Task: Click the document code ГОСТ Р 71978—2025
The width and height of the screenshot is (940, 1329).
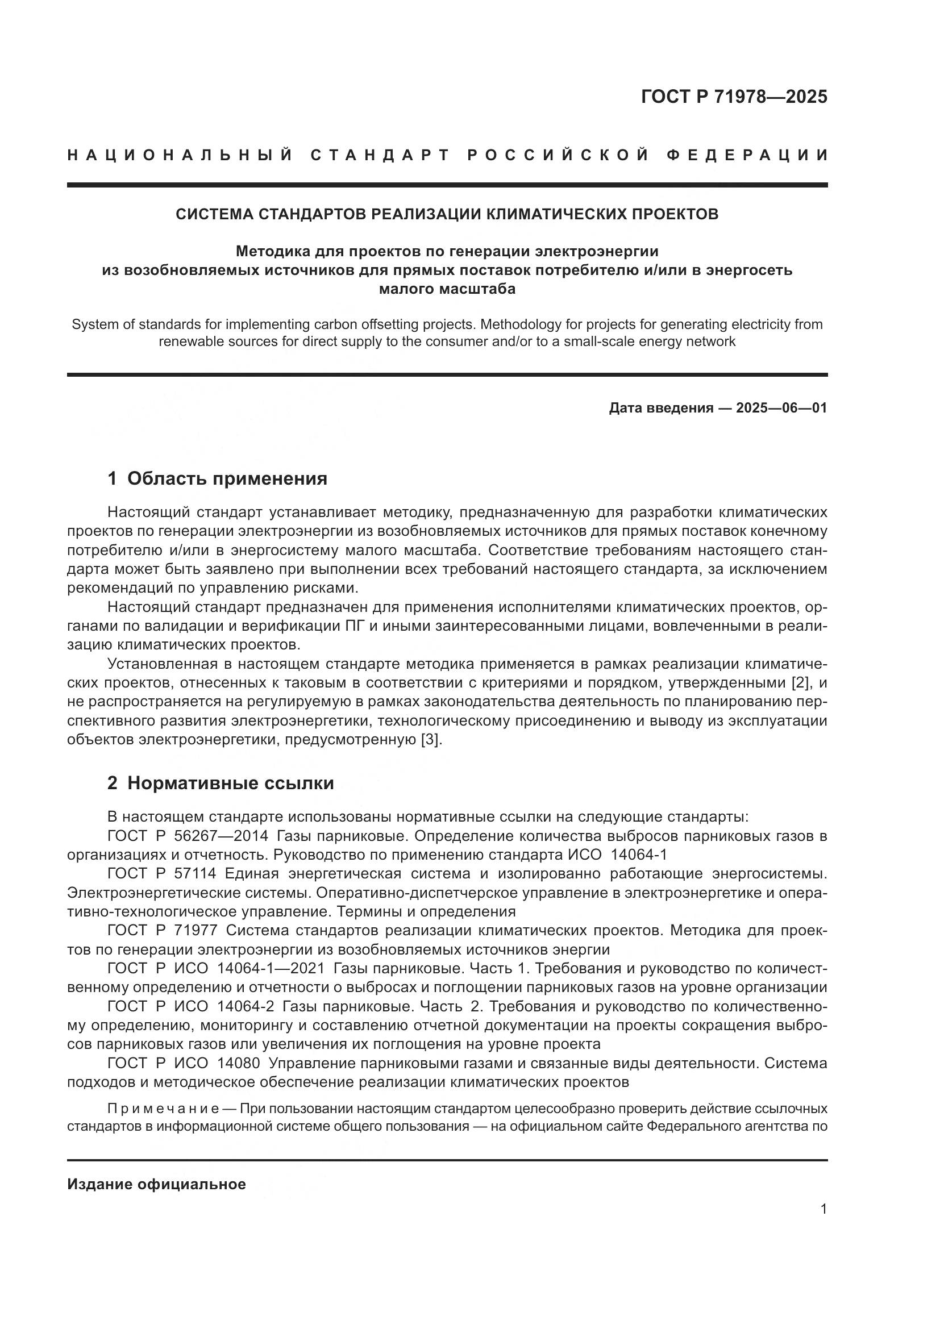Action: tap(734, 97)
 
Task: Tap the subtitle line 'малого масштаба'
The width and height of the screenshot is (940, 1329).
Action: tap(447, 288)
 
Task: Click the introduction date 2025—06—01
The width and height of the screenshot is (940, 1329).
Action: tap(781, 408)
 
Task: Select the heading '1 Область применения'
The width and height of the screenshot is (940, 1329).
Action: tap(217, 478)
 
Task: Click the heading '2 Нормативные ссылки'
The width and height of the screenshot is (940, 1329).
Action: tap(221, 783)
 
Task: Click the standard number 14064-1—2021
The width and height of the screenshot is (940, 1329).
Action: tap(271, 968)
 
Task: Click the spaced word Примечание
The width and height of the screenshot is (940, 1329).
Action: tap(163, 1109)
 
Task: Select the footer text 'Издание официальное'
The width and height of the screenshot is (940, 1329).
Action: tap(156, 1184)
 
